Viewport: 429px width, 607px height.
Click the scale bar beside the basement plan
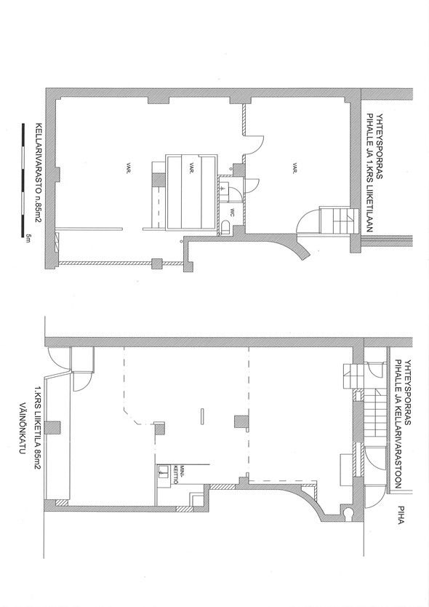click(x=23, y=180)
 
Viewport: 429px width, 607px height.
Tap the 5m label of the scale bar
click(x=28, y=237)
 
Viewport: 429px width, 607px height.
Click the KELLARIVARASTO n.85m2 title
click(x=38, y=173)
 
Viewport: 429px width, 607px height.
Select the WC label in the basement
click(x=233, y=212)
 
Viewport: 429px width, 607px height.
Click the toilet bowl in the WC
click(x=226, y=227)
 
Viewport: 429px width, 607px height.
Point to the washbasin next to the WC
click(x=224, y=187)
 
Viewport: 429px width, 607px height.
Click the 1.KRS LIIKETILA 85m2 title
click(x=38, y=427)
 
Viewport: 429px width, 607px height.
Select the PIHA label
click(x=401, y=515)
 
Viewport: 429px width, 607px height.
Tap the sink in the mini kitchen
click(x=164, y=471)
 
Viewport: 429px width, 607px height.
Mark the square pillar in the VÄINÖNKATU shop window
click(x=52, y=427)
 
